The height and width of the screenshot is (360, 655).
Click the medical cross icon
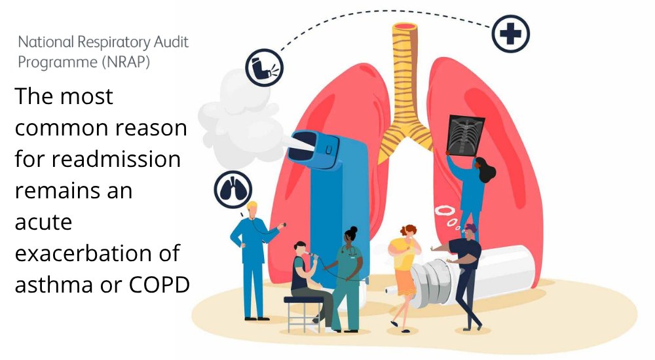511,34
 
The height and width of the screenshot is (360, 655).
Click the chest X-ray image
465,134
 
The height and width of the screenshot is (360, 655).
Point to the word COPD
157,285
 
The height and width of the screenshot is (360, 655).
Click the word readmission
117,159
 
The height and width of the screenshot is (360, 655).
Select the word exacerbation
88,253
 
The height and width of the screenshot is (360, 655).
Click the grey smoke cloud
229,111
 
